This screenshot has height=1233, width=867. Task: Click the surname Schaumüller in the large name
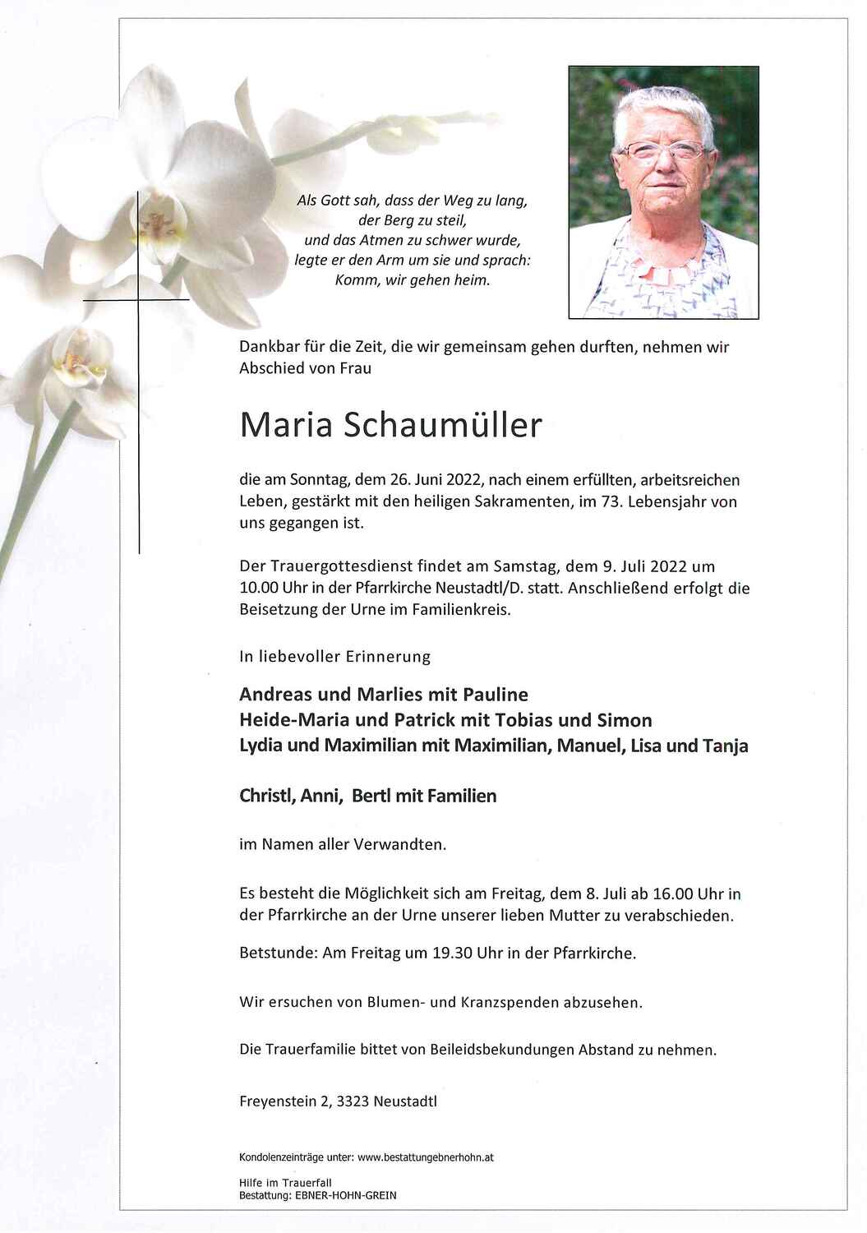tap(440, 425)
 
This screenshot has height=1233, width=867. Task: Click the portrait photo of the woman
tap(663, 192)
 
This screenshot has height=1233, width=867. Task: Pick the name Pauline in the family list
tap(496, 695)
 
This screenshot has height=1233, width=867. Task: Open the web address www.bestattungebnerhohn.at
tap(426, 1157)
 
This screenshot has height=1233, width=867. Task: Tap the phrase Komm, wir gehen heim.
tap(413, 280)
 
